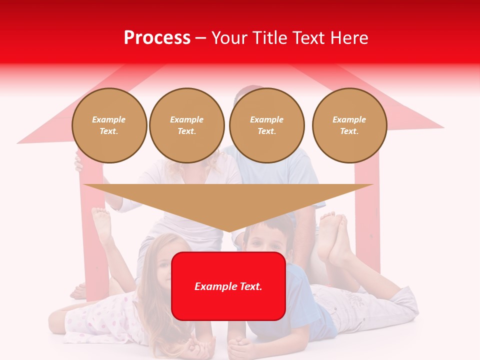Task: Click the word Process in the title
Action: [157, 37]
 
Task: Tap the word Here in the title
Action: [348, 37]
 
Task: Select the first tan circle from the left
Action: [109, 125]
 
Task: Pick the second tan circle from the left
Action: [186, 125]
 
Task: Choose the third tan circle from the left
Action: [266, 125]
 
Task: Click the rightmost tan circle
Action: [349, 125]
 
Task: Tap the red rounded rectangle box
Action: [228, 286]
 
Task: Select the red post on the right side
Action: [367, 210]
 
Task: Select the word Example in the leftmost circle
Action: [109, 119]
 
